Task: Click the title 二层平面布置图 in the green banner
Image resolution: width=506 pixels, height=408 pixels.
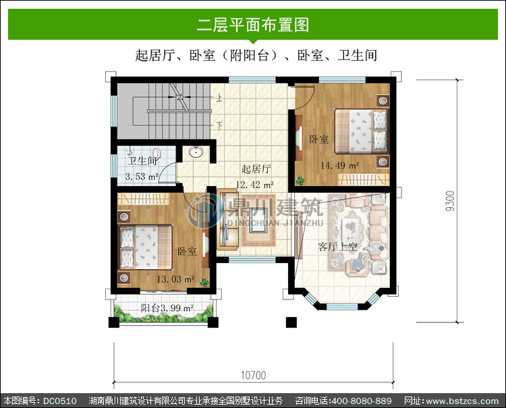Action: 253,25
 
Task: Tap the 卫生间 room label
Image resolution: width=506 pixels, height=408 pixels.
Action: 142,161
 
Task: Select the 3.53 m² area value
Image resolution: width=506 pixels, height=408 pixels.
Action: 142,177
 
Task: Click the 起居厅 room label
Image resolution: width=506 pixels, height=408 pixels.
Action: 256,169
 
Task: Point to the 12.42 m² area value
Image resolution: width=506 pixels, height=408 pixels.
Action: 254,185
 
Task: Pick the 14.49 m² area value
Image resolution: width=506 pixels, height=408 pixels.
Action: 340,165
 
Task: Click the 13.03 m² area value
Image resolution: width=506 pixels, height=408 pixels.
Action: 175,279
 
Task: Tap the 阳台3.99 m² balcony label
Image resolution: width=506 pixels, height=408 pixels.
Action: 167,308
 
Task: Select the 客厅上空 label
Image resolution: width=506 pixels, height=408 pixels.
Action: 337,247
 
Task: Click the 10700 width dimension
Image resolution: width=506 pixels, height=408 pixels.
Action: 253,375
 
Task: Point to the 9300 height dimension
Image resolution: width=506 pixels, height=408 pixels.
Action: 450,201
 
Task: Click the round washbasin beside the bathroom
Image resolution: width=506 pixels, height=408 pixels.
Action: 196,152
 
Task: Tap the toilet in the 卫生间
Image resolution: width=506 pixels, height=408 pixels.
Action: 157,152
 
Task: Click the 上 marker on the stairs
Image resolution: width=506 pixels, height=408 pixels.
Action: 219,96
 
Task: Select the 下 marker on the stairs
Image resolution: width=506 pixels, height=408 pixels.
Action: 219,125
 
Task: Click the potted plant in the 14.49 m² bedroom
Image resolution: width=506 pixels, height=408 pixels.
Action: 300,181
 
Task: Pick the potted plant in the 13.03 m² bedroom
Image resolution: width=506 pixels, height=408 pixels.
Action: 204,282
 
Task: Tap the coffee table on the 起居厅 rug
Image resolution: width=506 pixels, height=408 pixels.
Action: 258,220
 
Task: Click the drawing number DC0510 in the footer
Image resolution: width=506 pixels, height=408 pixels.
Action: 60,401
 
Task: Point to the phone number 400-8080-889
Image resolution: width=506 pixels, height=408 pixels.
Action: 362,401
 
